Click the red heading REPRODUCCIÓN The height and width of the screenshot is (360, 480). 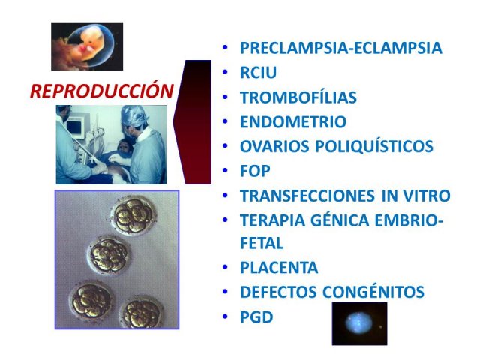102,91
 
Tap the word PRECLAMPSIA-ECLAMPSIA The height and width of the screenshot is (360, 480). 341,48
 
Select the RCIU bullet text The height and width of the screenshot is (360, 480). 258,73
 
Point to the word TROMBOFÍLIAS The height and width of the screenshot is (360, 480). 298,97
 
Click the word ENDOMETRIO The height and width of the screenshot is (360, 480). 293,121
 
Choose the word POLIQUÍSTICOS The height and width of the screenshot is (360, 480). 374,146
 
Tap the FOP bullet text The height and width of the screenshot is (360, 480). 255,171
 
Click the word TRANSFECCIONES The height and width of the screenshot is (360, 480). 307,196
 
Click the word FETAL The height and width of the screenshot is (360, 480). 262,243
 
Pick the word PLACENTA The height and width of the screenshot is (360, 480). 279,268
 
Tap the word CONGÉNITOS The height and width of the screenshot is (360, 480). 373,292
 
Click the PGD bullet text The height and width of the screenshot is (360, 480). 256,316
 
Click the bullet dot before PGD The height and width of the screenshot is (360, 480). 225,316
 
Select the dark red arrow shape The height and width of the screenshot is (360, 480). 196,121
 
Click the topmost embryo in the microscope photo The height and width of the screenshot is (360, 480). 134,214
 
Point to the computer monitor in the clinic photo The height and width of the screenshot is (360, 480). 76,128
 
